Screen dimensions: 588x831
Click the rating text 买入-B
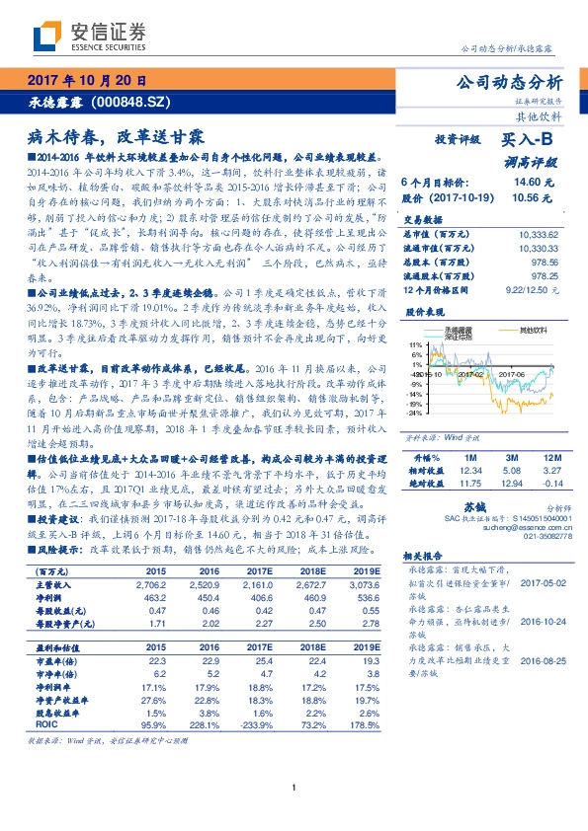point(531,141)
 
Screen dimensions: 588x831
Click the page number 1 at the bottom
point(294,813)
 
